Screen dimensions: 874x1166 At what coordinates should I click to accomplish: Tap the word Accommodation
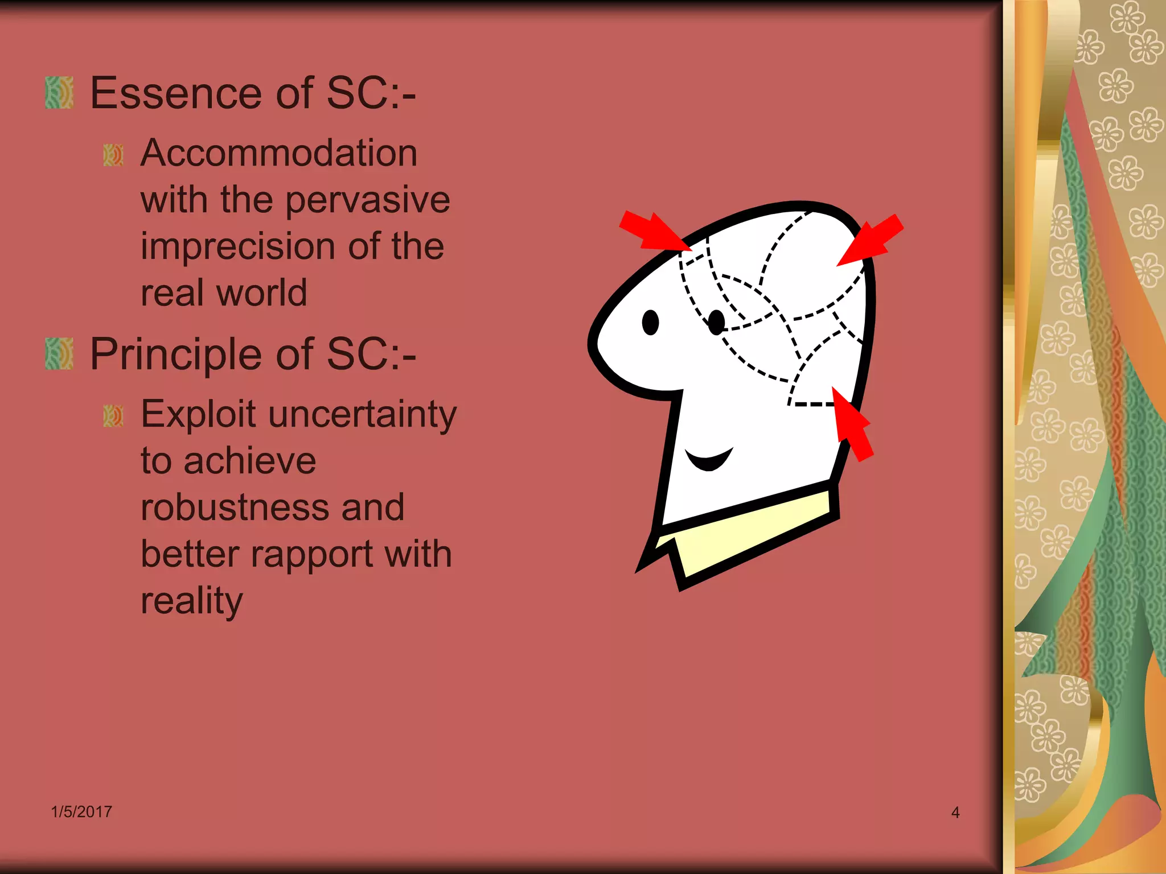[279, 153]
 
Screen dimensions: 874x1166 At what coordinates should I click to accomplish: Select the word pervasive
[367, 200]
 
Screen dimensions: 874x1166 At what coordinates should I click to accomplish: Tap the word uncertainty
[363, 415]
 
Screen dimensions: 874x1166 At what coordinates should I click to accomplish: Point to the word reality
[191, 601]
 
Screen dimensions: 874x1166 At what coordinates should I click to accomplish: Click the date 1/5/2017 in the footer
[81, 811]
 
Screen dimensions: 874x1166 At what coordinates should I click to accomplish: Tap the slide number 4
[955, 813]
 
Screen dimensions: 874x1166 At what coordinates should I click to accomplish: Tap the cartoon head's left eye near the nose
[650, 323]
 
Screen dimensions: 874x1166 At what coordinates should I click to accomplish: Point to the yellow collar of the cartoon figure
[746, 532]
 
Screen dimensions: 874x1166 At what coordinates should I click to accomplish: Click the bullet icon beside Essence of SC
[59, 93]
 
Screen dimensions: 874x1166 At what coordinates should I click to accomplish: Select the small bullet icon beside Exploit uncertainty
[113, 416]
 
